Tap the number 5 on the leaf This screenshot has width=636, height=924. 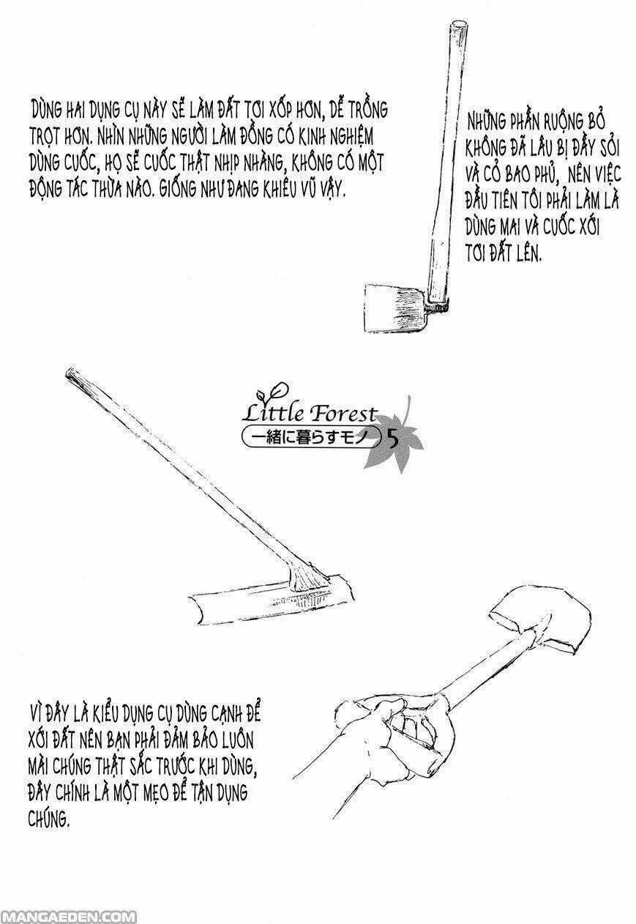392,441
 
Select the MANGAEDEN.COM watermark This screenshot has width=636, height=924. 67,917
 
